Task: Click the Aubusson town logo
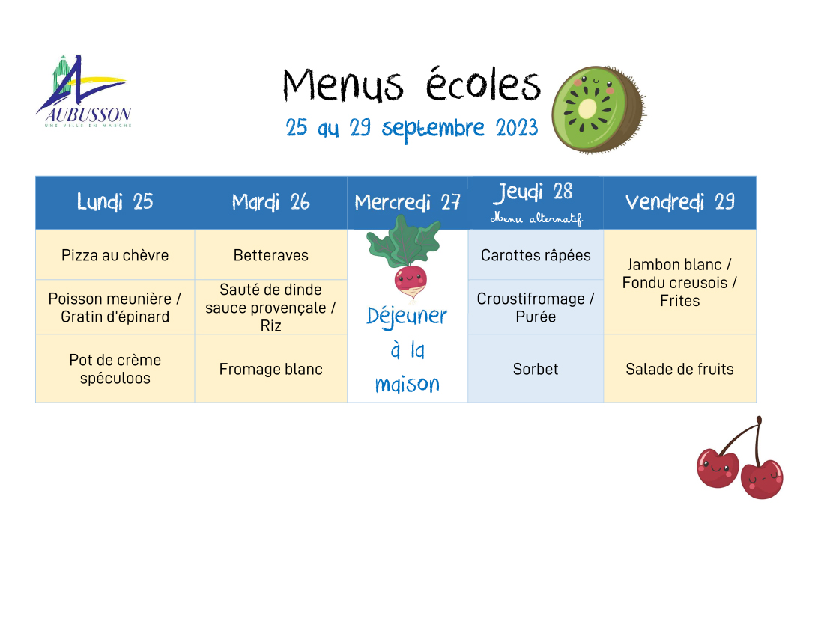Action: click(84, 91)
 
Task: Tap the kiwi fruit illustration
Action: click(599, 109)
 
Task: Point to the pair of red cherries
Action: click(740, 458)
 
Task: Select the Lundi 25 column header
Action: click(115, 202)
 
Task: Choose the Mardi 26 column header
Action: click(271, 202)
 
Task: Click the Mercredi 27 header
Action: click(408, 202)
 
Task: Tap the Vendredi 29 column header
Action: click(680, 202)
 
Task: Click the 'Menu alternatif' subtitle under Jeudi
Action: click(536, 218)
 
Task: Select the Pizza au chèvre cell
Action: click(115, 255)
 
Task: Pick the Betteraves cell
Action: click(271, 255)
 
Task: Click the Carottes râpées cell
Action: click(536, 255)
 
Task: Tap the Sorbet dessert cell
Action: click(536, 369)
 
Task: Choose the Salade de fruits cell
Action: click(680, 369)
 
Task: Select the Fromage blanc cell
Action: click(271, 369)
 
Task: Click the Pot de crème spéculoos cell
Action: click(115, 369)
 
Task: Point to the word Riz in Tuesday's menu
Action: click(270, 326)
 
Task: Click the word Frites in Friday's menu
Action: click(680, 301)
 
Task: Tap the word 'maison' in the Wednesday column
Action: click(408, 384)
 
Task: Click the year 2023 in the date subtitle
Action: click(517, 127)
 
